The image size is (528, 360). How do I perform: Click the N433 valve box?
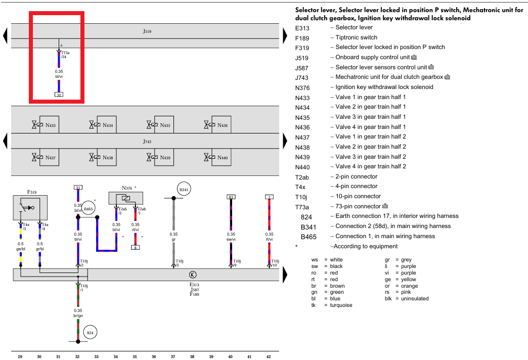49,125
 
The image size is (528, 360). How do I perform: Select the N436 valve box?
221,125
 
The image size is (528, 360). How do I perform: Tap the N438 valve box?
106,158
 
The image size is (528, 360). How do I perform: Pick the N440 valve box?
221,158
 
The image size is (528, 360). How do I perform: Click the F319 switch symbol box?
30,207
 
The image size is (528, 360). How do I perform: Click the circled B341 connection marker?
184,190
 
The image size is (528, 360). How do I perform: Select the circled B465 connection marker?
89,208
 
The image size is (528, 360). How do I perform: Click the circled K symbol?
192,275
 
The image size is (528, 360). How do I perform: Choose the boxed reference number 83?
231,197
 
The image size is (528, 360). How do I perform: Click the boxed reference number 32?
59,95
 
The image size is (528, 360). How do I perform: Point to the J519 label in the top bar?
147,31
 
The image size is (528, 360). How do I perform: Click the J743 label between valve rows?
147,142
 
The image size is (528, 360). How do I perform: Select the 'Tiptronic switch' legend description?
356,37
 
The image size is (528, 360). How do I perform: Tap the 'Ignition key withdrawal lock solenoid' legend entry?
384,87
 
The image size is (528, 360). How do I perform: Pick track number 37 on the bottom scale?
173,356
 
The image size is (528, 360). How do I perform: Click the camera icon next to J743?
447,77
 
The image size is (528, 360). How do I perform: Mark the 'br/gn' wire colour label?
78,316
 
